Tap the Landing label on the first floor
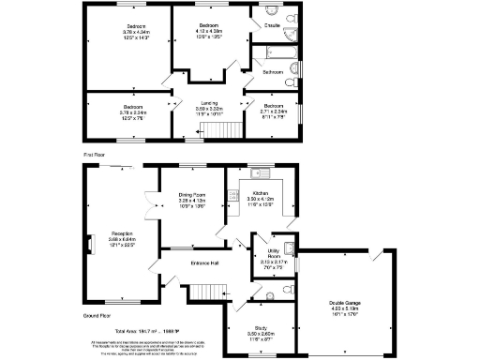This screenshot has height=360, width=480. click(x=207, y=106)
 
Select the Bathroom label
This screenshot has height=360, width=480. click(x=274, y=71)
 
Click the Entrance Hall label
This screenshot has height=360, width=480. click(x=204, y=262)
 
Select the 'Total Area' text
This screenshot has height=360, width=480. click(x=138, y=332)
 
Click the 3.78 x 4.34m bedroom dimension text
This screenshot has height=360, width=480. click(x=123, y=32)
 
